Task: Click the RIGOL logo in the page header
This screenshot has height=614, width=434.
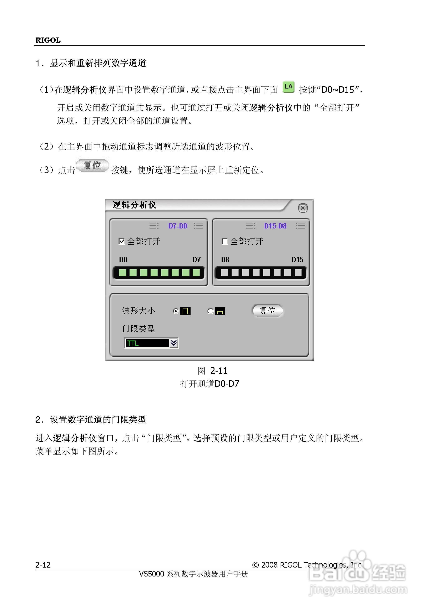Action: click(48, 40)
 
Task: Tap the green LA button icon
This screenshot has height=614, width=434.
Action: click(288, 87)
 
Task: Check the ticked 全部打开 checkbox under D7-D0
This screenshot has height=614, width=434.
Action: click(122, 241)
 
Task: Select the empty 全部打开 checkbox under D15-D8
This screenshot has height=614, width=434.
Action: click(225, 241)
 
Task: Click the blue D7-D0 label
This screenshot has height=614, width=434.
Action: click(178, 226)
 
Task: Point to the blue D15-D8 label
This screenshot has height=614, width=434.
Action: click(275, 226)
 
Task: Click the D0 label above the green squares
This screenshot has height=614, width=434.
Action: click(123, 260)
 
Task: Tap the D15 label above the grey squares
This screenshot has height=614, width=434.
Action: click(297, 260)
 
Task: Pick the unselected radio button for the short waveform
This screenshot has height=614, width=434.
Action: click(210, 311)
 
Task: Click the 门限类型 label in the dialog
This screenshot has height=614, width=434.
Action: click(138, 328)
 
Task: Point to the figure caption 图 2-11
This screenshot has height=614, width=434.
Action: click(213, 371)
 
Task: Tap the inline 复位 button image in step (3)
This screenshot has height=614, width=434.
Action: click(92, 165)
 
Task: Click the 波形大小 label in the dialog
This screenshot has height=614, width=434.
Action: click(138, 311)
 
